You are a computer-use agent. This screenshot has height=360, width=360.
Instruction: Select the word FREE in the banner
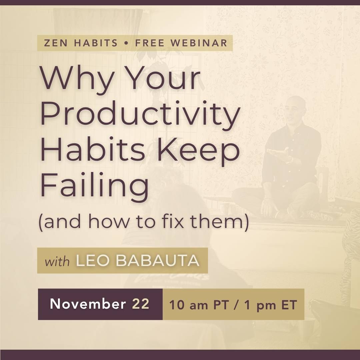coord(150,43)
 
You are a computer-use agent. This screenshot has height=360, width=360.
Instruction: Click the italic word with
coord(57,262)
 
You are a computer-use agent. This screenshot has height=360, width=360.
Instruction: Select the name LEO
coord(93,260)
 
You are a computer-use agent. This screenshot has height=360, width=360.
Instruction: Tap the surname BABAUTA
coord(157,260)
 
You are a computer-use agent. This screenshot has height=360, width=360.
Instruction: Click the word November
coord(88,304)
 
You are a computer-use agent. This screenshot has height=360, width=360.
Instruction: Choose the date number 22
coord(141,304)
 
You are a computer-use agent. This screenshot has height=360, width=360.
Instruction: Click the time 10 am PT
coord(199,305)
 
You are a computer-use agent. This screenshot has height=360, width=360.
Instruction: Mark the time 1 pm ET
coord(271,305)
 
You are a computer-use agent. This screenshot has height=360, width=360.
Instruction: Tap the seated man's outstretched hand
coord(277,152)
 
